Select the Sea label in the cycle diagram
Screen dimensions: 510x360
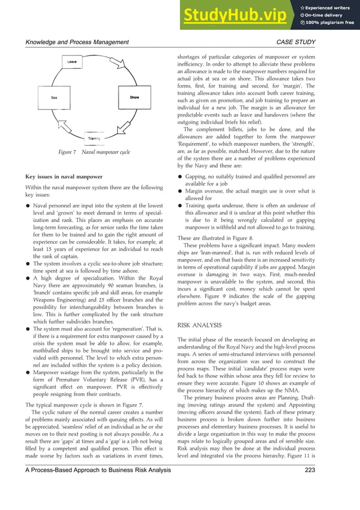coord(54,98)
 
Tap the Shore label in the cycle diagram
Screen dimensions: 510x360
coord(134,98)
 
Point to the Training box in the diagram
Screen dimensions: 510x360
coord(94,138)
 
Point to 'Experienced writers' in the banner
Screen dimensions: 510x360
coord(330,6)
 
